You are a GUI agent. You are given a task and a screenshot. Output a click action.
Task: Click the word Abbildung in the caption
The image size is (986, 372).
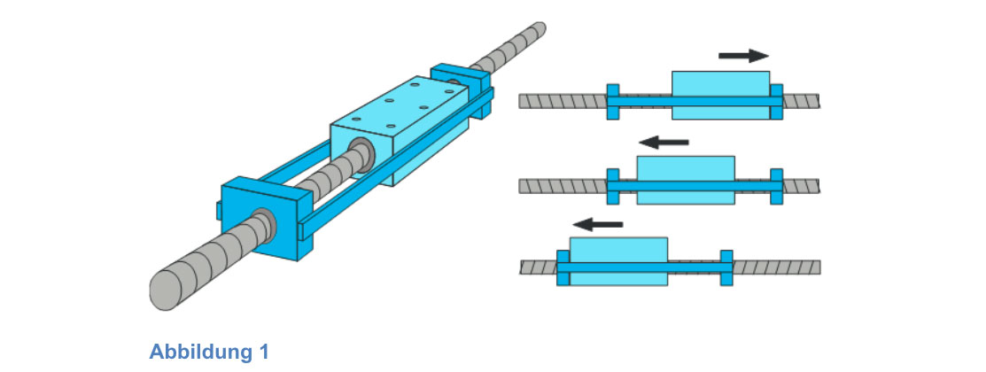click(x=198, y=352)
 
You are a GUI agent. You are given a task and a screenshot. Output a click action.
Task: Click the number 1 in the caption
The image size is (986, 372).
click(x=263, y=352)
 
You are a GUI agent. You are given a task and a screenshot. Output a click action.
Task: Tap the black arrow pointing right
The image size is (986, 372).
click(x=743, y=56)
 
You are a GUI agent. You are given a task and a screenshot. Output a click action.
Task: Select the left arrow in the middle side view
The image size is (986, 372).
click(x=664, y=141)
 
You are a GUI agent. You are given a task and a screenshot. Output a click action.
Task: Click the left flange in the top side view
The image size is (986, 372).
click(x=612, y=102)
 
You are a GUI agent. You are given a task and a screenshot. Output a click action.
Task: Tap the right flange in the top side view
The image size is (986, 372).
click(x=777, y=102)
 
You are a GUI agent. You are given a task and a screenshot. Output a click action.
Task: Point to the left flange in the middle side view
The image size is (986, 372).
click(x=612, y=185)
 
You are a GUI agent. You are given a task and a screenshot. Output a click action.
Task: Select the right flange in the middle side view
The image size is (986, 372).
click(x=777, y=185)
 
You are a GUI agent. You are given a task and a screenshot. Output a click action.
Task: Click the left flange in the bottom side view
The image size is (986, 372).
click(x=563, y=267)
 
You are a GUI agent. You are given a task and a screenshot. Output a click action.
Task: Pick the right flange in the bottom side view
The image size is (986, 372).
click(x=726, y=267)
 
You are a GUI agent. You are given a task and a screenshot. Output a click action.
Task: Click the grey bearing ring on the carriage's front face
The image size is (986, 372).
click(x=361, y=151)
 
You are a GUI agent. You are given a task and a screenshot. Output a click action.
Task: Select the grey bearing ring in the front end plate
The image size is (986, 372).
click(x=264, y=221)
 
